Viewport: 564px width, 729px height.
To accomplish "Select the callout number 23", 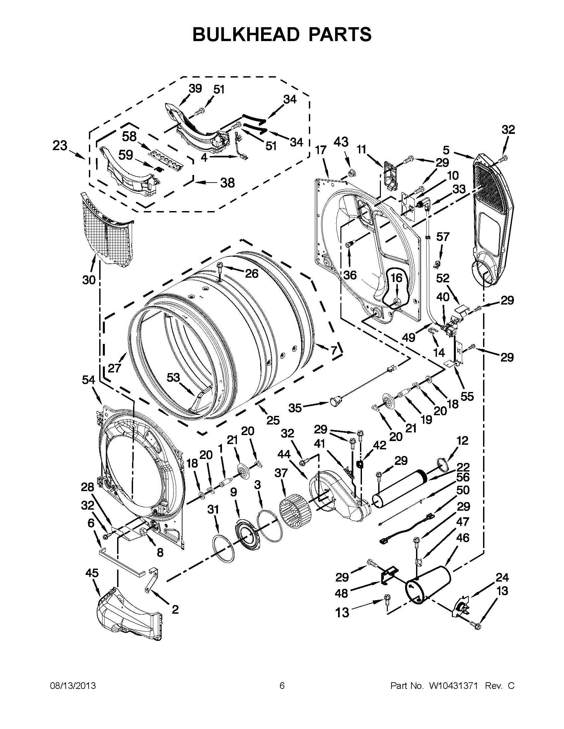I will point(60,146).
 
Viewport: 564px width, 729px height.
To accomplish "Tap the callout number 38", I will point(227,183).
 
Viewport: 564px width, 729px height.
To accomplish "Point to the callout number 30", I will point(89,280).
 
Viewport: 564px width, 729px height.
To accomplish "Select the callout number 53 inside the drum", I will point(174,377).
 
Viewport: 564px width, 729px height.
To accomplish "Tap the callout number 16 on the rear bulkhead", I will point(396,278).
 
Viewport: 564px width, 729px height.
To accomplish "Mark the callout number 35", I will point(295,408).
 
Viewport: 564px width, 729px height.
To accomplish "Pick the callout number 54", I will point(89,380).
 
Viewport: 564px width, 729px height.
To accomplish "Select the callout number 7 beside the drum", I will point(333,350).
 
